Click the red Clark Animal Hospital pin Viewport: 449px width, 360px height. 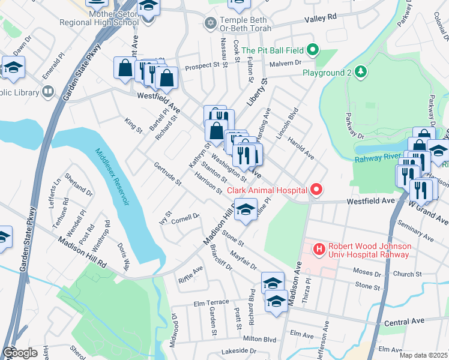(316, 190)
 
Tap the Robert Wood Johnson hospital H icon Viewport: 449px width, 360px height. (319, 248)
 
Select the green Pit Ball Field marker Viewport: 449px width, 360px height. (312, 49)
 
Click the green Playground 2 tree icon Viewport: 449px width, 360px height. (360, 73)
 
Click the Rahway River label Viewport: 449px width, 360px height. (377, 157)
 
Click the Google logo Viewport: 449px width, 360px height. (20, 352)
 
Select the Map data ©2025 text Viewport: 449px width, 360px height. (423, 355)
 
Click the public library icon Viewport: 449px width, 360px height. (47, 92)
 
